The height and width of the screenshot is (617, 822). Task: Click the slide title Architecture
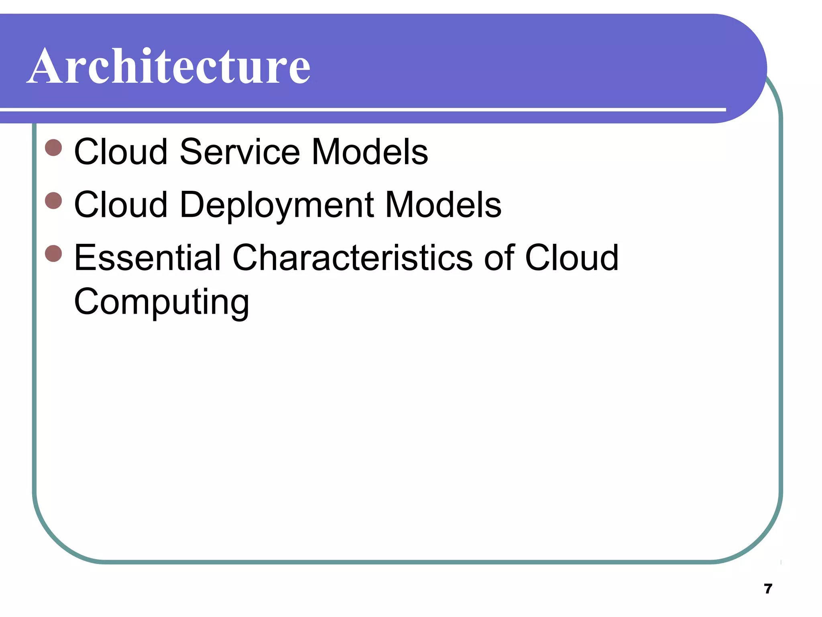tap(169, 66)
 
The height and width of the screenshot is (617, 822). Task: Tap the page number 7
tap(768, 589)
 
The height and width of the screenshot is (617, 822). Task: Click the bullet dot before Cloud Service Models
tap(53, 147)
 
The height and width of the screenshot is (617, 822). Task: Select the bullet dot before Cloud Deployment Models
tap(53, 200)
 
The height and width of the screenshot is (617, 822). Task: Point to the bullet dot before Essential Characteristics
tap(53, 253)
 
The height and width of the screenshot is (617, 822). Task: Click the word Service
tap(240, 152)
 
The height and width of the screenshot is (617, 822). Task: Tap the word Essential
tap(147, 257)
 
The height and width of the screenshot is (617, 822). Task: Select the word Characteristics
tap(353, 257)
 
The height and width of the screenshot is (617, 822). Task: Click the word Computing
tap(161, 302)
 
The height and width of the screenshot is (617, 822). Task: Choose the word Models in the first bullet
tap(370, 152)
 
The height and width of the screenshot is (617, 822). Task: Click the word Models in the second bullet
tap(443, 205)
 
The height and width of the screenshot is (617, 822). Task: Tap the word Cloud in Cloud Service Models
tap(121, 152)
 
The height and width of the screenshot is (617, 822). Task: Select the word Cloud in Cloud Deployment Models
tap(121, 205)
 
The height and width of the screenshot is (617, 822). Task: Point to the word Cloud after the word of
tap(572, 257)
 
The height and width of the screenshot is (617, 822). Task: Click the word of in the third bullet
tap(499, 257)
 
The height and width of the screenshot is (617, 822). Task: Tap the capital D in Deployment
tap(193, 205)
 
